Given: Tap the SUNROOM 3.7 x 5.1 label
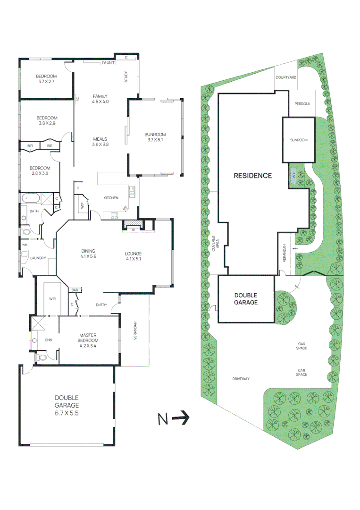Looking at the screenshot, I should (x=155, y=137).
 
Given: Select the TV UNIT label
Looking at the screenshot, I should (x=108, y=62).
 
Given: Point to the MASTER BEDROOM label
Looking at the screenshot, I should (x=88, y=338).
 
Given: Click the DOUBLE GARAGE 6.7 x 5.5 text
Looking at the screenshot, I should (x=66, y=405).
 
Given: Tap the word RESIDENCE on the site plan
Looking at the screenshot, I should (x=253, y=176).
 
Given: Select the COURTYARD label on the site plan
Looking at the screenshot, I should (x=285, y=77).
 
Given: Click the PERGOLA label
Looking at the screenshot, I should (x=301, y=104).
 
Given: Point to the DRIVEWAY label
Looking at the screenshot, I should (x=241, y=379).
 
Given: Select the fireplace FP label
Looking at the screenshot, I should (x=133, y=230).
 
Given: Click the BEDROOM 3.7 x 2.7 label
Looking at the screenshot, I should (x=46, y=79).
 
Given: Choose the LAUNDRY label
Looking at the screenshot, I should (x=37, y=258).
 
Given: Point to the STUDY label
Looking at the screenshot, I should (x=126, y=76).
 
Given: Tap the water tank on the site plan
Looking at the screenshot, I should (x=293, y=173).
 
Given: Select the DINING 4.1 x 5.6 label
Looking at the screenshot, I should (x=88, y=254).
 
